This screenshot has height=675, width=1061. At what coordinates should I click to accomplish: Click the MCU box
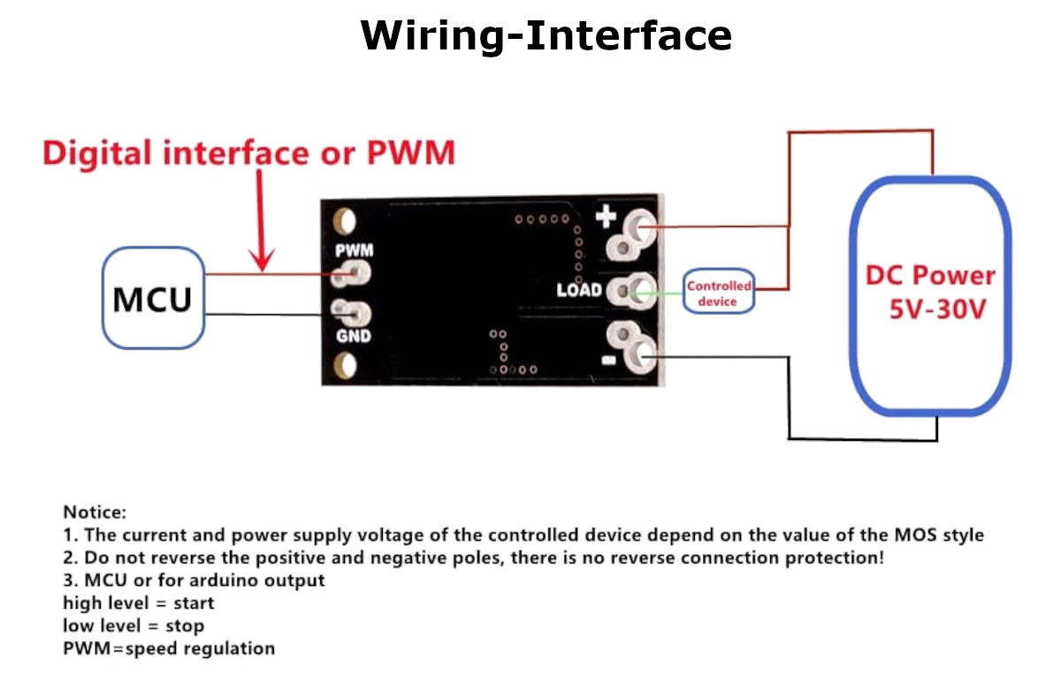(152, 298)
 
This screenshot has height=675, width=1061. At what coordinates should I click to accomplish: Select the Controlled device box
(719, 293)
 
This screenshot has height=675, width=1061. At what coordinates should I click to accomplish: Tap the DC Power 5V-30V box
(930, 294)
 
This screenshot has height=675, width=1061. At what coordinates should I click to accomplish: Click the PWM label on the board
(354, 251)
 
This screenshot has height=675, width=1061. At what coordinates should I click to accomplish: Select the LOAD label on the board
(579, 290)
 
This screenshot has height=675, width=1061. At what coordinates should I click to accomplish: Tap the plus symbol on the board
(607, 216)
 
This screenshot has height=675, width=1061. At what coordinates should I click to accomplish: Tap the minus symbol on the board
(607, 360)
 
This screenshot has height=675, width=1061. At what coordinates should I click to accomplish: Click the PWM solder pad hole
(355, 274)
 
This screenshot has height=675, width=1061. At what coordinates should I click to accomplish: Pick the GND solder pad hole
(355, 313)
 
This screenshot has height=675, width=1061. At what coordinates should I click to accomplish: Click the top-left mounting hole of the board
(345, 220)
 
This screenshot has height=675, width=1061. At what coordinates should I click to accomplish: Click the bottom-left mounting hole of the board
(345, 365)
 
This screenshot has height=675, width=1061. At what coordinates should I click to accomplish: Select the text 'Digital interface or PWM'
(248, 153)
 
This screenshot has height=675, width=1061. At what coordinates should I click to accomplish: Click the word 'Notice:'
(95, 512)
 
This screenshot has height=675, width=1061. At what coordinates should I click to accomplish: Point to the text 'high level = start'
(138, 603)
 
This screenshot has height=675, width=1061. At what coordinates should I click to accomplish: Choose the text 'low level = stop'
(134, 626)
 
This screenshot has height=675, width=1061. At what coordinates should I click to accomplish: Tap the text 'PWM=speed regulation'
(169, 648)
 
